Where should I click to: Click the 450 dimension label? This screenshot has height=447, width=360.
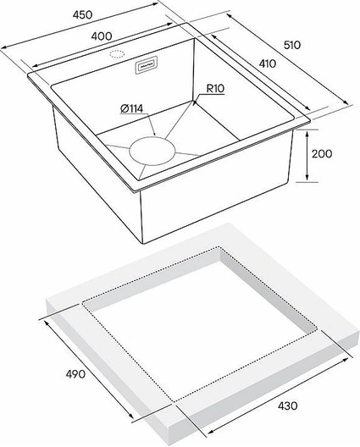click(x=82, y=14)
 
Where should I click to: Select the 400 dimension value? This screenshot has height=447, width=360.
click(x=102, y=36)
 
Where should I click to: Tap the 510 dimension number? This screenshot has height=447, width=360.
click(x=292, y=45)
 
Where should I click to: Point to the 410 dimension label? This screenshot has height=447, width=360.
click(x=268, y=63)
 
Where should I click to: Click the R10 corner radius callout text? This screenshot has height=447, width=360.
click(x=215, y=89)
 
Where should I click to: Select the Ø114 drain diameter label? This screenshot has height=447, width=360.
click(x=131, y=108)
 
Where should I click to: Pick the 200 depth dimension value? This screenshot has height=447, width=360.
click(x=322, y=154)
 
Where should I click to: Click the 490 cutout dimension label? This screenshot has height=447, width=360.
click(x=75, y=373)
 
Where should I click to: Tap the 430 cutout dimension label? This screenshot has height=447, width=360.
click(x=287, y=406)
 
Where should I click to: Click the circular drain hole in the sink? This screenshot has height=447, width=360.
click(x=152, y=152)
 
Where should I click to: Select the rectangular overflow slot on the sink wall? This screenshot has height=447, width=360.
click(x=146, y=65)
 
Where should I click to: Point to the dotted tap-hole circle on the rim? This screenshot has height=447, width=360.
click(x=117, y=54)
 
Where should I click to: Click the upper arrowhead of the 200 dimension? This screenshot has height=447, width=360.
click(x=307, y=135)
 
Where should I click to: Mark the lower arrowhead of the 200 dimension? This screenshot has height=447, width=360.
click(x=307, y=178)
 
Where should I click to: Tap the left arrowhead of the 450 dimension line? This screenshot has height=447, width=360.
click(x=4, y=47)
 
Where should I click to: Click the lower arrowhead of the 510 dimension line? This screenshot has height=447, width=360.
click(x=346, y=102)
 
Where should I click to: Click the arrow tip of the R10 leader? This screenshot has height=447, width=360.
click(x=195, y=102)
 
